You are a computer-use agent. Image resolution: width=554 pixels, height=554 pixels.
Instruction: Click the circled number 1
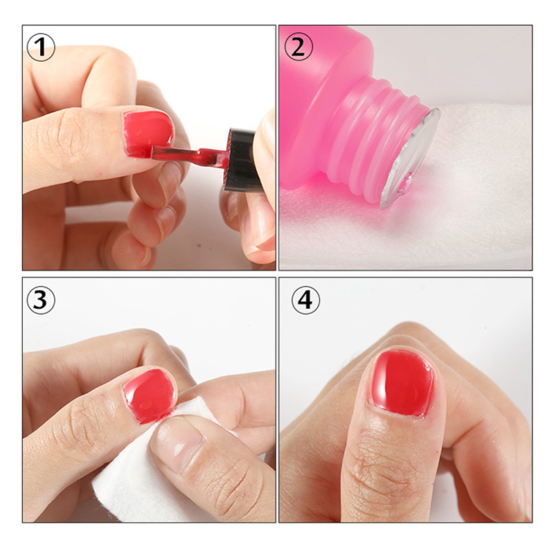coord(41,47)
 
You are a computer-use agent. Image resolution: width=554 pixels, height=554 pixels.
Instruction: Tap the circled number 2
coord(298,47)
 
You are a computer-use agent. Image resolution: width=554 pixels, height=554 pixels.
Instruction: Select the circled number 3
coord(41,300)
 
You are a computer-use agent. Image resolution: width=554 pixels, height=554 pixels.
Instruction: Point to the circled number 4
coord(305,300)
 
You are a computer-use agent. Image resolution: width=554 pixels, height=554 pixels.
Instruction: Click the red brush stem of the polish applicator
coord(189,156)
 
